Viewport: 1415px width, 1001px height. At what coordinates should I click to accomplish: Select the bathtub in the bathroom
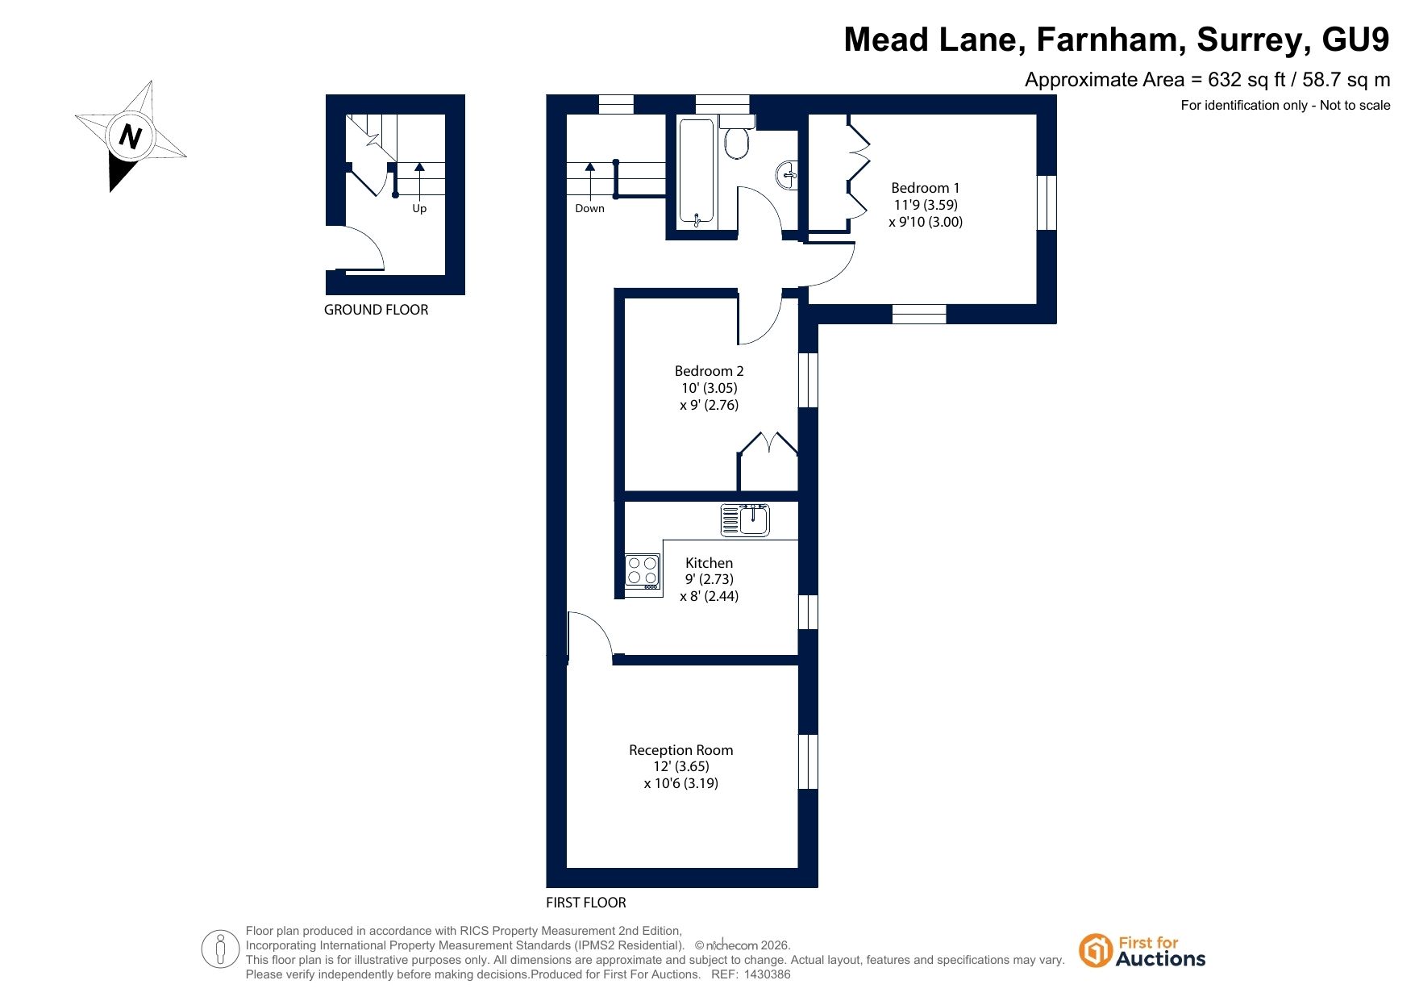coord(696,172)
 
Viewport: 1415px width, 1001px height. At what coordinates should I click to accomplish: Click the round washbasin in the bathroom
coord(788,173)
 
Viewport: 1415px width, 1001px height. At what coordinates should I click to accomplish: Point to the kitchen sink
coord(745,520)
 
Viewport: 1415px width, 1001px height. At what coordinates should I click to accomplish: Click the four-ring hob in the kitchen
coord(643,571)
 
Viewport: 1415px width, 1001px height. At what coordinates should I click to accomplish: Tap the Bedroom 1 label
coord(925,188)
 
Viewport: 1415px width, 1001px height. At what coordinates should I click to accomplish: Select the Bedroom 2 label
coord(709,371)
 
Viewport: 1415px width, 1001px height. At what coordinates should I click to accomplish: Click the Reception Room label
coord(680,750)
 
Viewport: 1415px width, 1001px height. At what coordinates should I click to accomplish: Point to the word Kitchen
coord(709,563)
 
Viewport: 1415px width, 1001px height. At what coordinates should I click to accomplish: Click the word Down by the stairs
coord(589,208)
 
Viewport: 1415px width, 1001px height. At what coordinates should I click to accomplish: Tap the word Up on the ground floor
coord(419,208)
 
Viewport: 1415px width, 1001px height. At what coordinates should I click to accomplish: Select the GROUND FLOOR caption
coord(376,310)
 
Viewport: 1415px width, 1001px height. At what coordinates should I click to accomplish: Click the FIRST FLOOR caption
coord(586,903)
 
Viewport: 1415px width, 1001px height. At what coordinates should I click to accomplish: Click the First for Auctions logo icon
coord(1096,950)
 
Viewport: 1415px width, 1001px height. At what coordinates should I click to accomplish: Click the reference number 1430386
coord(767,974)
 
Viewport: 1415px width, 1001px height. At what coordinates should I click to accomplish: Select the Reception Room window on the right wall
coord(808,761)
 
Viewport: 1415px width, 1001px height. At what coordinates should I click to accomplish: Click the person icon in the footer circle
coord(220,949)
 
